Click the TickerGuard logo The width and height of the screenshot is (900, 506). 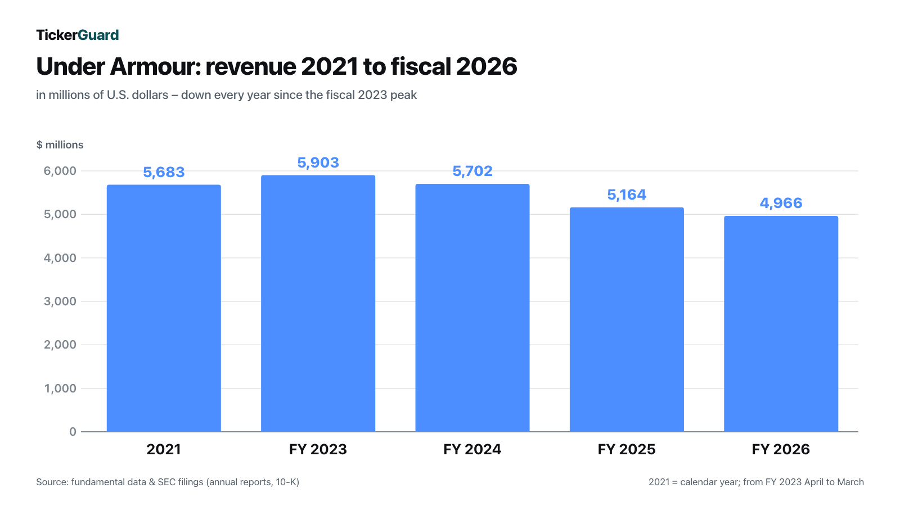click(x=78, y=35)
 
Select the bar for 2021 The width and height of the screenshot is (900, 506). click(x=164, y=309)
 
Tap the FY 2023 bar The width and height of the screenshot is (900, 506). click(x=318, y=304)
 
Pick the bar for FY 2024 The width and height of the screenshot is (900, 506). click(x=472, y=308)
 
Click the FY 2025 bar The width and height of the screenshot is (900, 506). click(x=627, y=320)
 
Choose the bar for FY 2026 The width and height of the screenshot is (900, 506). click(x=781, y=324)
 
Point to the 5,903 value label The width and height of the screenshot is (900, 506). click(x=318, y=162)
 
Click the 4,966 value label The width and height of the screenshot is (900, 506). click(x=781, y=203)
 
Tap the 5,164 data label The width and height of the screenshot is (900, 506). click(x=627, y=195)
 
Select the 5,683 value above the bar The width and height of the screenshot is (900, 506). click(x=164, y=172)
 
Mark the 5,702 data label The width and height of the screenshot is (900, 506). click(x=472, y=171)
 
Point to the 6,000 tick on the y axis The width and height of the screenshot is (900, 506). click(x=60, y=171)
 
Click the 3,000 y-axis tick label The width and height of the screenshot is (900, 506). click(x=60, y=301)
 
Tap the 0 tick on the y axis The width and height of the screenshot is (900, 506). click(x=73, y=432)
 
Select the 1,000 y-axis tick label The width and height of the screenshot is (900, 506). click(x=60, y=388)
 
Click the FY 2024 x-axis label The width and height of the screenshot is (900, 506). click(x=472, y=449)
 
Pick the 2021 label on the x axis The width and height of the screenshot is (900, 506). click(x=164, y=449)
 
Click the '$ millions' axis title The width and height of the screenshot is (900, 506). click(x=60, y=144)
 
